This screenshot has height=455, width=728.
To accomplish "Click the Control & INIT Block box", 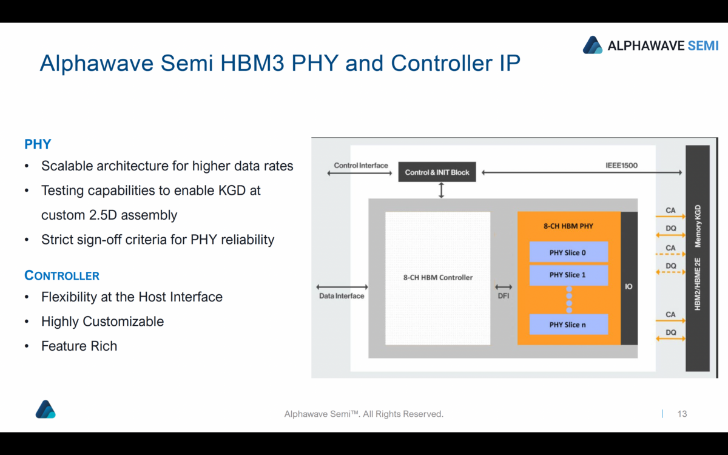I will [437, 172].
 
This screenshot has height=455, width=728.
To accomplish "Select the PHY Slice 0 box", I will [568, 252].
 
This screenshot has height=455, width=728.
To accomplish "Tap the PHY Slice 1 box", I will [568, 275].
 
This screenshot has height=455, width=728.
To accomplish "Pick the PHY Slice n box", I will [568, 325].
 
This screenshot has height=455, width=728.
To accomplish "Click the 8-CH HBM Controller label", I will [437, 278].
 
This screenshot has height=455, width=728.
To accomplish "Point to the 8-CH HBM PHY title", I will [568, 226].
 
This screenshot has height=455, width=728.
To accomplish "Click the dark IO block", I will [629, 278].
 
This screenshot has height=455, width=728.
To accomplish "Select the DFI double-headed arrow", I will [504, 287].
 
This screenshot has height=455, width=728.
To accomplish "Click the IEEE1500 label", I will [621, 165].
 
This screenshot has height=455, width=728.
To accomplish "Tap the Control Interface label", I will [360, 165].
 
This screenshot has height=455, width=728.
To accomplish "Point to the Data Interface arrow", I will [342, 287].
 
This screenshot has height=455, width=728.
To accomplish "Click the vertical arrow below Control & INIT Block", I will [441, 190].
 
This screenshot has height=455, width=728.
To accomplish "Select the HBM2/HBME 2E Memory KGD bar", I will [698, 258].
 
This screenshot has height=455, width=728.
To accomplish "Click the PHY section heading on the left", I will [38, 144].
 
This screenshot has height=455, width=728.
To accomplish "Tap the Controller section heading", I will [62, 275].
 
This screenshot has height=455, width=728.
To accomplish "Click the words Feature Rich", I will [79, 346].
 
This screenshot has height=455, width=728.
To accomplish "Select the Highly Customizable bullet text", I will [103, 322].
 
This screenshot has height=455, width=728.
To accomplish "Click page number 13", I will [682, 414].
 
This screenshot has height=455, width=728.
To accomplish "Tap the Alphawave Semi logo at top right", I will [650, 45].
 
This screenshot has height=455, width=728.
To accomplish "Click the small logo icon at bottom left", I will [45, 409].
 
